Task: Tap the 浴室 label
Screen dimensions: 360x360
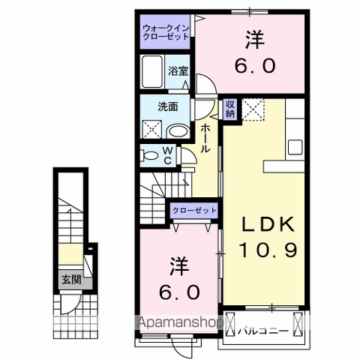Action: [178, 70]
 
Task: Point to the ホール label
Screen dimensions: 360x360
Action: [205, 139]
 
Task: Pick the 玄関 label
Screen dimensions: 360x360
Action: [70, 282]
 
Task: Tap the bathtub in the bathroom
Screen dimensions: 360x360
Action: [153, 72]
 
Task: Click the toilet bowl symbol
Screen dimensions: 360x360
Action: [151, 156]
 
